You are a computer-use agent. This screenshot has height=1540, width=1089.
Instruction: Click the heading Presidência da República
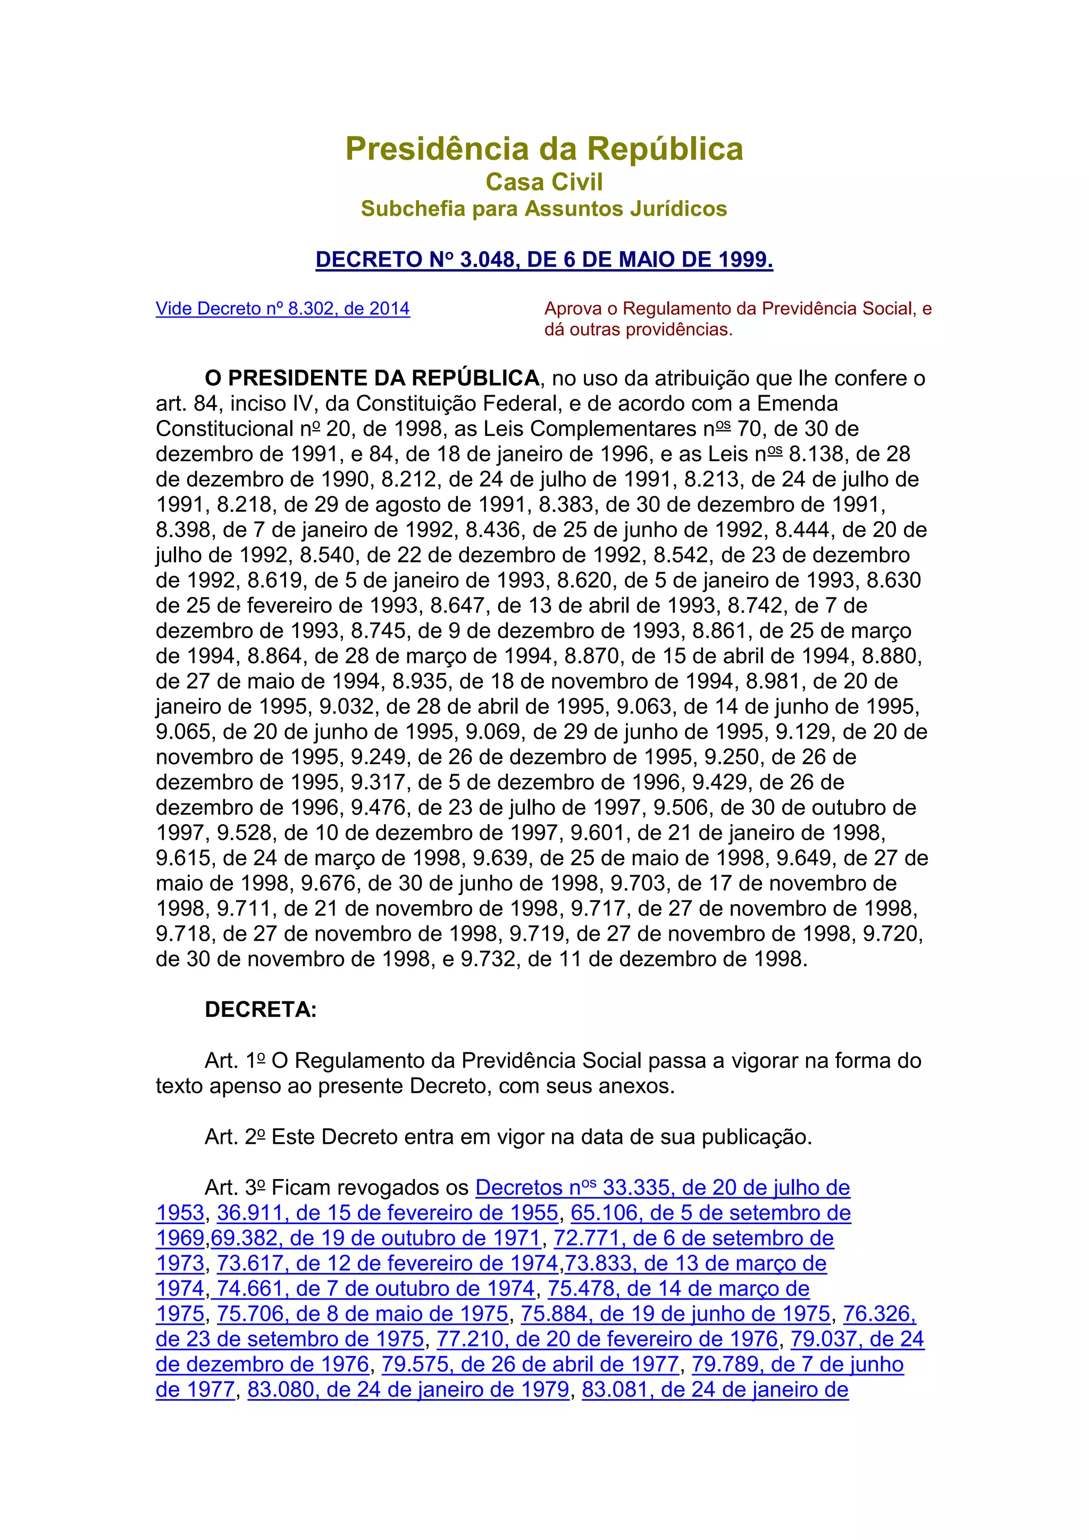coord(544,149)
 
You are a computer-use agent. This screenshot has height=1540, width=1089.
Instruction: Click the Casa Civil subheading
coord(544,182)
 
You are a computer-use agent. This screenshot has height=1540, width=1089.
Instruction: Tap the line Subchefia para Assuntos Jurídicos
coord(544,208)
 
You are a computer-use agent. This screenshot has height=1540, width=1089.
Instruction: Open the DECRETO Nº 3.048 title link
coord(544,260)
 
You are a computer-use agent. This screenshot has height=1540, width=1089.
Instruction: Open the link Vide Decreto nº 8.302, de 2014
coord(282,308)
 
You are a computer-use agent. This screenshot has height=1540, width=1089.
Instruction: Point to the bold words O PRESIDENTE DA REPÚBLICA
coord(372,378)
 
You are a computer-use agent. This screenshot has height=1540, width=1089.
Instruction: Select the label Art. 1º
coord(234,1060)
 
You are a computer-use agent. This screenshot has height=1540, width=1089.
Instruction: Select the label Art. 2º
coord(234,1137)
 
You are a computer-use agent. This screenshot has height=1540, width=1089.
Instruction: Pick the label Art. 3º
coord(234,1188)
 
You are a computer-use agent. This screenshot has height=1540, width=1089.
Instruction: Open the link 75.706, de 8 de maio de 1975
coord(363,1314)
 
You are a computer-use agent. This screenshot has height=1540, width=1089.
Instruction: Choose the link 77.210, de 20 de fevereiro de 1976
coord(607,1340)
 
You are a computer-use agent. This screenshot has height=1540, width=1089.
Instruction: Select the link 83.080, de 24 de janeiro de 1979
coord(408,1390)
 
